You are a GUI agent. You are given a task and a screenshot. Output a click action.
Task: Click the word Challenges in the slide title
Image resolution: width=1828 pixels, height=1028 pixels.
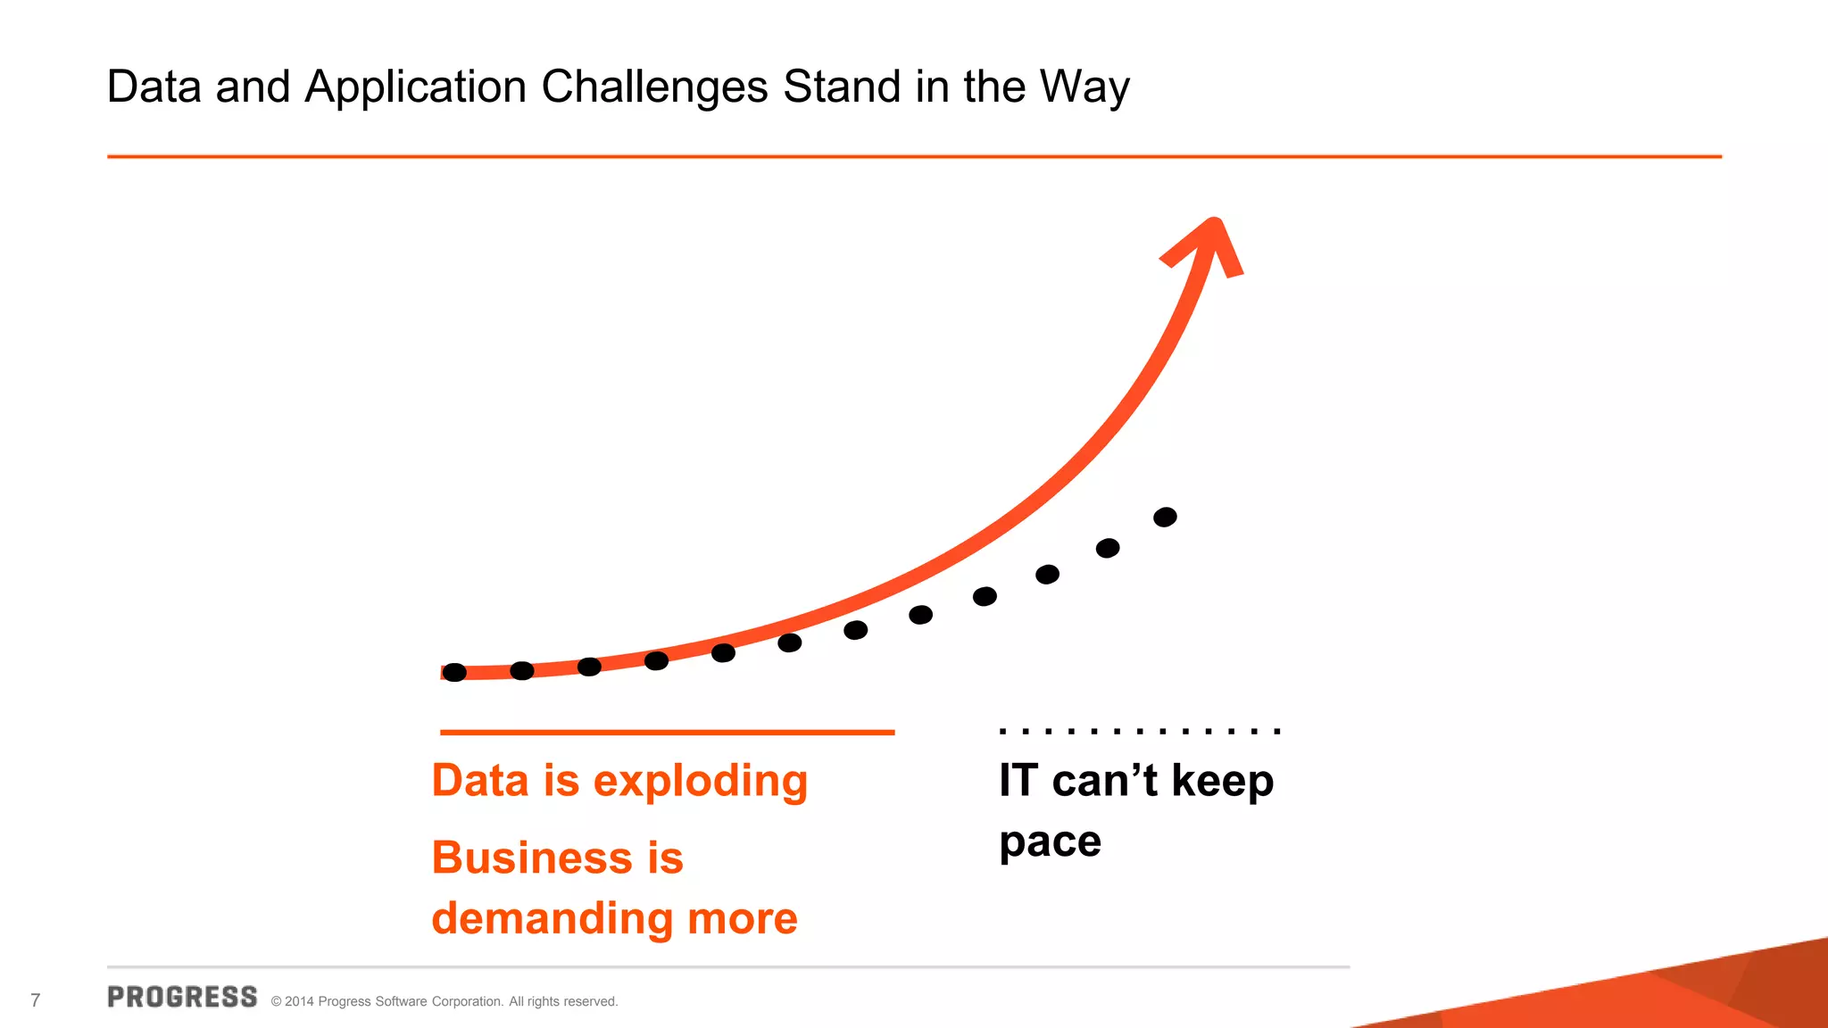point(654,87)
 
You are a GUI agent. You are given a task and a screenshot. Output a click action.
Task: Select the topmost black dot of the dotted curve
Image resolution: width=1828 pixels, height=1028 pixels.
point(1165,518)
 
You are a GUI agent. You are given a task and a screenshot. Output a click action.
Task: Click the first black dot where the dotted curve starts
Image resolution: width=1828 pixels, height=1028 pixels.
point(454,673)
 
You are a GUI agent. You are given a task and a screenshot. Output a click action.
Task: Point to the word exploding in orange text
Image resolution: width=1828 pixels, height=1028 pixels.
point(701,782)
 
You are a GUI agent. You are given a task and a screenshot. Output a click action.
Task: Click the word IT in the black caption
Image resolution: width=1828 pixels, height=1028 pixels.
point(1018,780)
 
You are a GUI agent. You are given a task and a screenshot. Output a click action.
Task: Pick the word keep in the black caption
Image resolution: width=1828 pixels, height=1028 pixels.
point(1222,782)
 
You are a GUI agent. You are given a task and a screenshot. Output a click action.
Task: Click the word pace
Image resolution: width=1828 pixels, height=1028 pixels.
point(1050,842)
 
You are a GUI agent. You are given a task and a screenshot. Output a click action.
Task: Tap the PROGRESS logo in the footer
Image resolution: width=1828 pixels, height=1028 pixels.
point(182,997)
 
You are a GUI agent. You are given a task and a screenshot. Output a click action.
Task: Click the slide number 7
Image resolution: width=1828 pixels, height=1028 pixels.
point(36,1000)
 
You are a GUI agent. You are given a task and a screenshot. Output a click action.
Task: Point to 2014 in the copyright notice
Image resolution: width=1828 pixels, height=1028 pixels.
point(299,1002)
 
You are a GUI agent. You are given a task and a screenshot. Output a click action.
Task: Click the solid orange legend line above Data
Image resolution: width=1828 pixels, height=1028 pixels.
point(667,733)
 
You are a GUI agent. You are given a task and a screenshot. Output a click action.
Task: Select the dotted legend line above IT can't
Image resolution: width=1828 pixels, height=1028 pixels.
point(1140,731)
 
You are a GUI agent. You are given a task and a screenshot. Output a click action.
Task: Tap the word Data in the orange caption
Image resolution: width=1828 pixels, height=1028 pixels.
point(480,781)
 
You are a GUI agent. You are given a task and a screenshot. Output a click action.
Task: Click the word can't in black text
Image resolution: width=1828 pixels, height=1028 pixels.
point(1104,781)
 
